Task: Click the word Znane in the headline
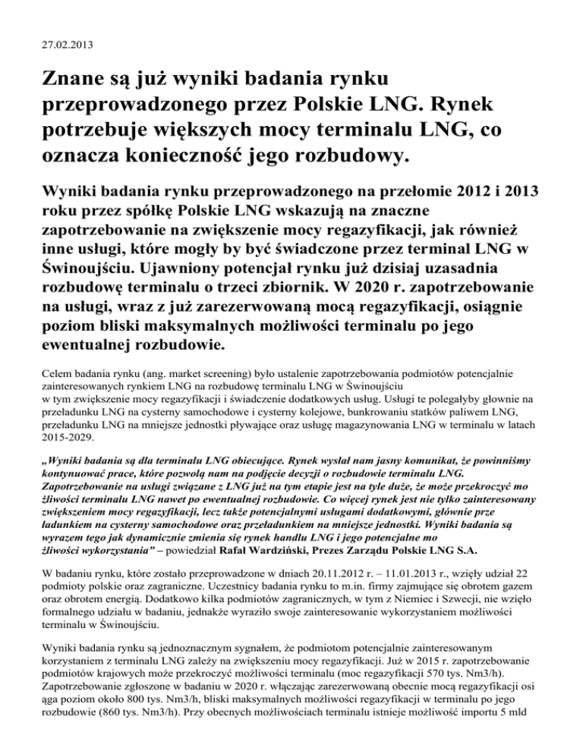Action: click(69, 79)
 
